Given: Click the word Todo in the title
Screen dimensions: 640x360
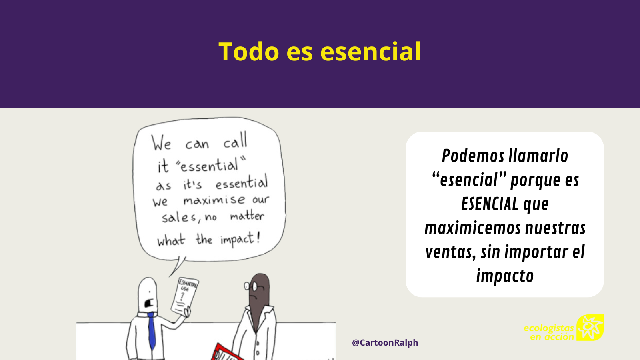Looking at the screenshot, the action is pyautogui.click(x=248, y=52).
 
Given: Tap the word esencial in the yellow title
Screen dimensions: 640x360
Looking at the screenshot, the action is pyautogui.click(x=370, y=52).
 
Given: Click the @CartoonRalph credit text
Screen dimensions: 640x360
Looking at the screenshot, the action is pyautogui.click(x=385, y=342).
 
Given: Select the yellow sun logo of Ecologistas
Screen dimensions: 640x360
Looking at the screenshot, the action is pyautogui.click(x=590, y=328).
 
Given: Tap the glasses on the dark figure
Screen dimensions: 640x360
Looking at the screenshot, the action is pyautogui.click(x=251, y=286).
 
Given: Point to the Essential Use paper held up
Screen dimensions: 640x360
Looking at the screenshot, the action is pyautogui.click(x=185, y=296).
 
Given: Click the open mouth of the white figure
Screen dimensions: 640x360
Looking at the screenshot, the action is pyautogui.click(x=149, y=303).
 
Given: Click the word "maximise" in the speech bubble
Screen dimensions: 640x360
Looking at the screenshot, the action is pyautogui.click(x=214, y=200).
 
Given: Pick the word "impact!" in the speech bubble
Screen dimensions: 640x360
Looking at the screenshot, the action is pyautogui.click(x=240, y=239).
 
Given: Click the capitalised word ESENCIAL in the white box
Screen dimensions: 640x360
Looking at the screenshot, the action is pyautogui.click(x=490, y=204).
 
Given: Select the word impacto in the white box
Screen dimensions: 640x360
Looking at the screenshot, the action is pyautogui.click(x=505, y=276).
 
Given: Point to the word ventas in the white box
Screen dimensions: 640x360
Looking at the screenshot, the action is pyautogui.click(x=450, y=252).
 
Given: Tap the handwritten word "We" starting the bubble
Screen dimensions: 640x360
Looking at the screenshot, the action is pyautogui.click(x=162, y=143).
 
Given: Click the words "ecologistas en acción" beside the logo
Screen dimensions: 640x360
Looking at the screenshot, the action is pyautogui.click(x=549, y=332).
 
